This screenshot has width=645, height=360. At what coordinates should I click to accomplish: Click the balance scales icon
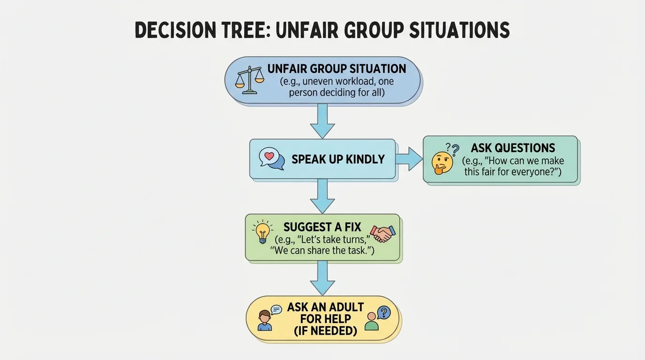tap(249, 80)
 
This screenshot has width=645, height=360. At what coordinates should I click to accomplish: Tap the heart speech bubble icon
tap(272, 158)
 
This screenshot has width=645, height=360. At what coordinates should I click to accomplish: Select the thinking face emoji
tap(442, 163)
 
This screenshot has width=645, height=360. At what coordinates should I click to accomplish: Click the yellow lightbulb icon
tap(262, 232)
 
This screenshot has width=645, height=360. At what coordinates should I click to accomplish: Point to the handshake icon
tap(382, 233)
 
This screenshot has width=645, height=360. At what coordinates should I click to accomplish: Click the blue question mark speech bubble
tap(383, 313)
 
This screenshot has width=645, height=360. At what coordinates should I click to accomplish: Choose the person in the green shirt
tap(372, 321)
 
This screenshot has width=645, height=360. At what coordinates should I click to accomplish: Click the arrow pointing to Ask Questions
tap(409, 158)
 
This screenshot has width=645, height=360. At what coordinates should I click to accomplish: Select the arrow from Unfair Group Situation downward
tap(322, 120)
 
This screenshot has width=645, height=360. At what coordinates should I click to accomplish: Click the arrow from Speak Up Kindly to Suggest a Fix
tap(322, 196)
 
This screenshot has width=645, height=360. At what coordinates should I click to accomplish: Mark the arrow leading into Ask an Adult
tap(322, 277)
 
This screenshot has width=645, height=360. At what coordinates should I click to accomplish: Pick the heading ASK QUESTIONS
tap(513, 148)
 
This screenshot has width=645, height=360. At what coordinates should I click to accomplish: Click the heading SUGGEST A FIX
tap(322, 227)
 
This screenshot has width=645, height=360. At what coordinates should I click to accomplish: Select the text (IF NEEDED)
tap(325, 331)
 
